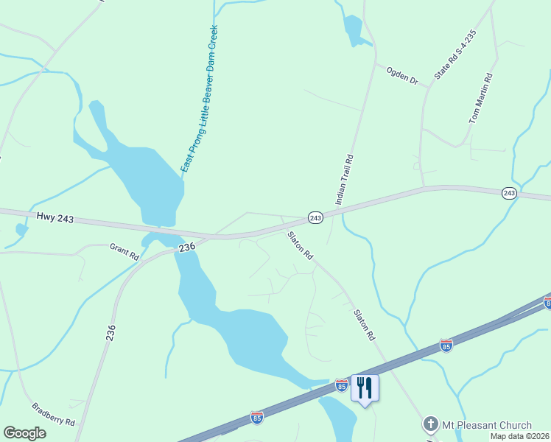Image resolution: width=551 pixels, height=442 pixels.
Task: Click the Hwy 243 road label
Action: [55, 217]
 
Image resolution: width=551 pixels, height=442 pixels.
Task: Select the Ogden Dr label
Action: [401, 74]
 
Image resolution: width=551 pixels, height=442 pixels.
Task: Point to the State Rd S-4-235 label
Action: [455, 55]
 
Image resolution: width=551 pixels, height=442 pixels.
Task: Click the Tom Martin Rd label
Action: [480, 98]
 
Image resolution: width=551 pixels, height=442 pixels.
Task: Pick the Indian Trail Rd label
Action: [345, 179]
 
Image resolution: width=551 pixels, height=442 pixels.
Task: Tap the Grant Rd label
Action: [124, 252]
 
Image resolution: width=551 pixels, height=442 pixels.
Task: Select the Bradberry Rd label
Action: [54, 415]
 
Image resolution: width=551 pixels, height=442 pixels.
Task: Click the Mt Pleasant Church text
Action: [487, 425]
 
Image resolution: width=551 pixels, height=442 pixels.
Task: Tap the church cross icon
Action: [430, 425]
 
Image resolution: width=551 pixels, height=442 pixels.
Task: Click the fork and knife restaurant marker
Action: [365, 387]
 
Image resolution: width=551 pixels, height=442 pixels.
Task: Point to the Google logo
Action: [24, 432]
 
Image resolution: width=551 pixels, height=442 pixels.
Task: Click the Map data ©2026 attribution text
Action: [519, 436]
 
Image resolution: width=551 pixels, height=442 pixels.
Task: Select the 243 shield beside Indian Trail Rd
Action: [315, 217]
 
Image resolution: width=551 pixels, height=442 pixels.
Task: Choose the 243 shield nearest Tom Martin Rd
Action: [509, 193]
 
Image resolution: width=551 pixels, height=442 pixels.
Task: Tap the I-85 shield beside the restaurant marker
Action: [341, 384]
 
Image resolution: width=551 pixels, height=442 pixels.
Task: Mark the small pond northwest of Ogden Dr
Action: [351, 30]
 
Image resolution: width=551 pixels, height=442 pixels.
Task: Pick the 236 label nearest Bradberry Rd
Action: [111, 334]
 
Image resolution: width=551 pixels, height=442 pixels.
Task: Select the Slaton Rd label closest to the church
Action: [363, 324]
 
